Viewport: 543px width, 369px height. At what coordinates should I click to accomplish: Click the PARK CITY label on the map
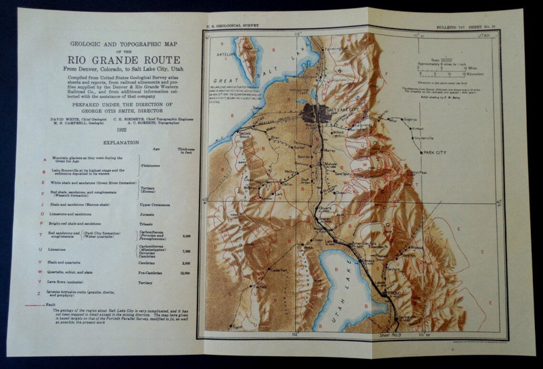click(433, 153)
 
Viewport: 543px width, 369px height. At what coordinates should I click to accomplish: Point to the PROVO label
click(395, 294)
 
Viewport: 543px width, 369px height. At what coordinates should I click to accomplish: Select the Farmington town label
click(333, 49)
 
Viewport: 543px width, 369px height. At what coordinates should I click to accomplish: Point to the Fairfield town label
click(260, 287)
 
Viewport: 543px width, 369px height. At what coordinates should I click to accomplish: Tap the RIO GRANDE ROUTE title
click(123, 60)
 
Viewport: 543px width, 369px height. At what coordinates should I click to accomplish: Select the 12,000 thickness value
click(185, 273)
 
